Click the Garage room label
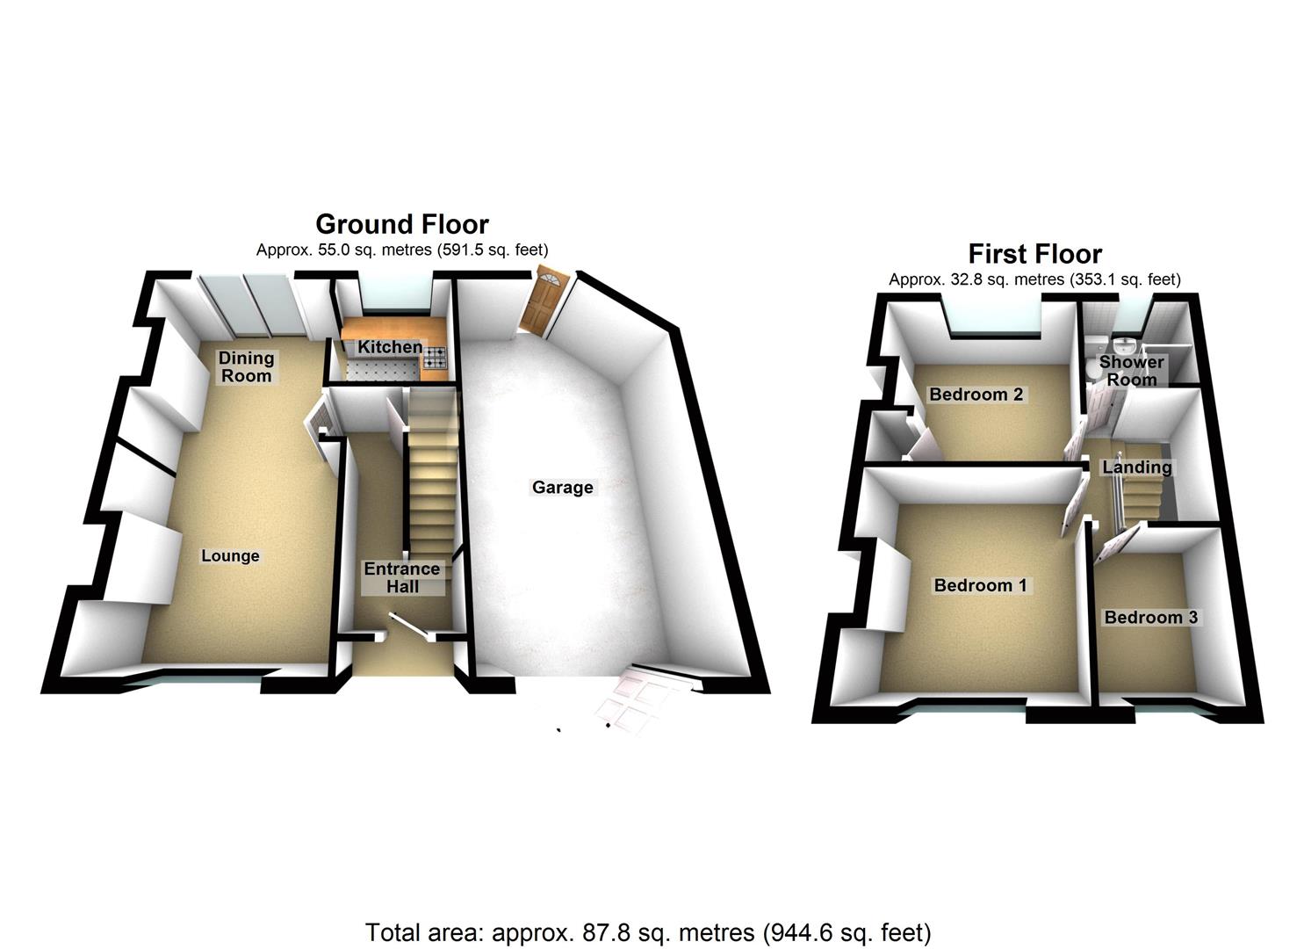562,487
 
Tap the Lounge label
230,555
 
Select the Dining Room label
247,366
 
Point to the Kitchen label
390,347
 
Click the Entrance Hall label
402,577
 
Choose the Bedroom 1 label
980,585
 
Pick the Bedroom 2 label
976,394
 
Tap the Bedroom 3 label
1150,617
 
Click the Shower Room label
1132,371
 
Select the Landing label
1136,467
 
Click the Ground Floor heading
402,224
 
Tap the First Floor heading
1034,254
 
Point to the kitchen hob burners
436,358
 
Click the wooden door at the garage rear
543,301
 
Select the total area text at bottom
648,931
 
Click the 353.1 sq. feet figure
1125,279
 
